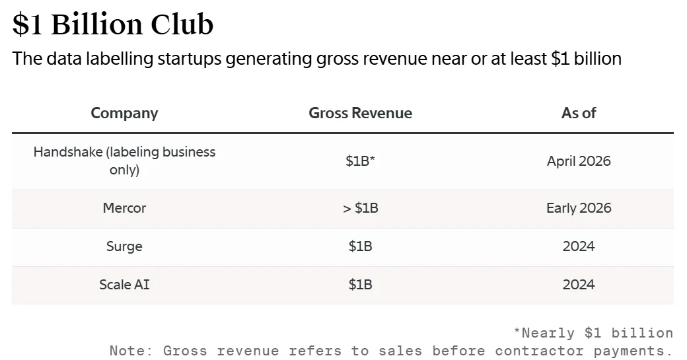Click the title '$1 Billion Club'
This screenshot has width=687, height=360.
(113, 24)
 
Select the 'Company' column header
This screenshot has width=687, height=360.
(124, 113)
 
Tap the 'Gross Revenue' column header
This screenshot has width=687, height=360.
(360, 113)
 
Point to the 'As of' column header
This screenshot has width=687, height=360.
(579, 113)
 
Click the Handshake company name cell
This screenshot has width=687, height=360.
(124, 161)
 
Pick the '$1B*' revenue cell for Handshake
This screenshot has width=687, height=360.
(360, 161)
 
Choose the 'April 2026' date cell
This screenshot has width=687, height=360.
(579, 161)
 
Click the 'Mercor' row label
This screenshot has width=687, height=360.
(124, 208)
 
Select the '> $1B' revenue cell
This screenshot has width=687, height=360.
(360, 208)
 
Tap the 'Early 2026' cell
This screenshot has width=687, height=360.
(579, 208)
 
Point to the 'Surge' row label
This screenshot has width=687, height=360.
(124, 246)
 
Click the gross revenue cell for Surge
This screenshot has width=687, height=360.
(360, 246)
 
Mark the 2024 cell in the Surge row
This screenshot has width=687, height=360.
(579, 246)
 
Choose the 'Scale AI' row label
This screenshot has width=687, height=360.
(124, 285)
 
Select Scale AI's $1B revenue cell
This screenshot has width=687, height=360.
(360, 285)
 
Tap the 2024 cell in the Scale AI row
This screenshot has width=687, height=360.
(579, 285)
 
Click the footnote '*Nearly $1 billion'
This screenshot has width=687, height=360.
(593, 332)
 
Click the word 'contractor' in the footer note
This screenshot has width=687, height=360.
(534, 350)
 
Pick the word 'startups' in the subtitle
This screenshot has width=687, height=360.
(190, 59)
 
